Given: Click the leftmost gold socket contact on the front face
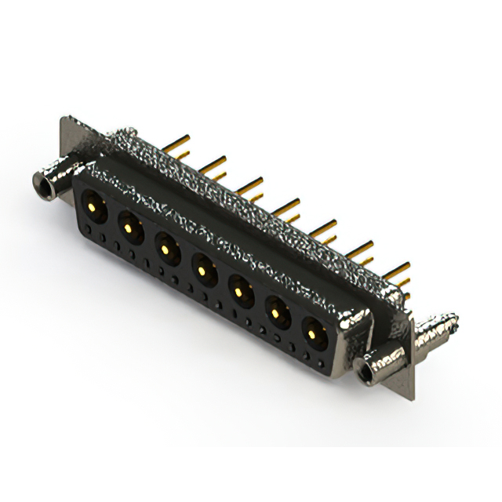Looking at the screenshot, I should click(x=93, y=208).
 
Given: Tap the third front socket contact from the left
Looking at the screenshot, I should click(x=166, y=249).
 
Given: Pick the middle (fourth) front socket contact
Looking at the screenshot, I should click(x=202, y=271).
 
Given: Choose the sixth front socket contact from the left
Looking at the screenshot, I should click(x=275, y=315).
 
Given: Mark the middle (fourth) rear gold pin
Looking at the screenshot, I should click(x=289, y=205).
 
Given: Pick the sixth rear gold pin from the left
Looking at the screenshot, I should click(x=362, y=249).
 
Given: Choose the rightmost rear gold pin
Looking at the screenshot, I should click(x=398, y=271).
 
